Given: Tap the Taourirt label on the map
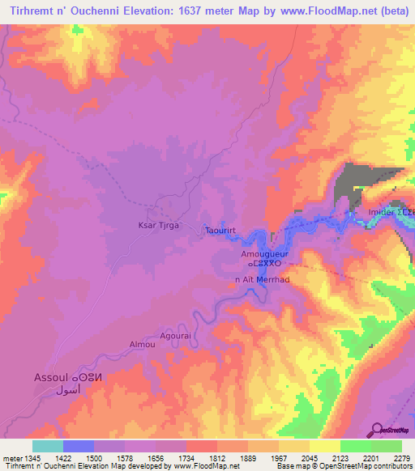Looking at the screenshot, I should (x=220, y=230).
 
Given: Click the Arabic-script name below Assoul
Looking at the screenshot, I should (x=69, y=390).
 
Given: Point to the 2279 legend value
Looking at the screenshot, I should (x=391, y=459).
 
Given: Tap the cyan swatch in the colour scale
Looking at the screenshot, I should (x=48, y=446).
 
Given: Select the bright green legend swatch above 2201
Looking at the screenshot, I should (x=356, y=446).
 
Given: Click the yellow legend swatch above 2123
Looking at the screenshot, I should (x=325, y=446).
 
